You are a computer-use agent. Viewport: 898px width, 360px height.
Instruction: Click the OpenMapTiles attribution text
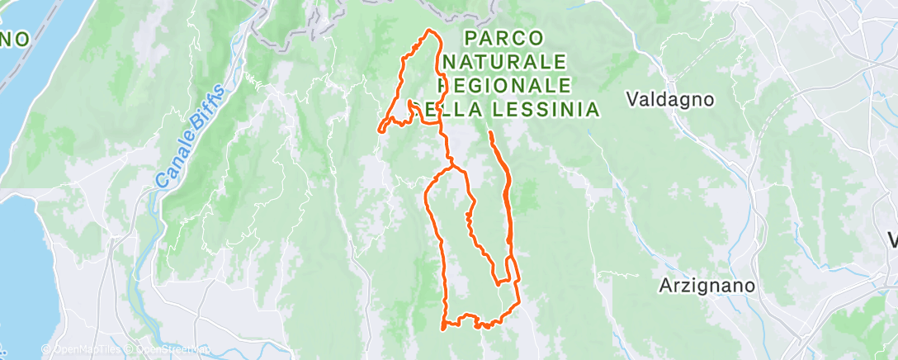coord(83,350)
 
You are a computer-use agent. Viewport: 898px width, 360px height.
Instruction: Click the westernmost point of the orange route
coord(380,129)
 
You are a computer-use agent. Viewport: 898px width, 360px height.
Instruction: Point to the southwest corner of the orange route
coord(445,328)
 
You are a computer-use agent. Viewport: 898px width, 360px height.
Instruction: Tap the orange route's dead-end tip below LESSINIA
coord(490,132)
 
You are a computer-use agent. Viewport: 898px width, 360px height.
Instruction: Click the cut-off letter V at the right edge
coord(892,240)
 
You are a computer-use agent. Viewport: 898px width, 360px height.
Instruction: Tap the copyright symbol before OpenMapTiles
coord(46,350)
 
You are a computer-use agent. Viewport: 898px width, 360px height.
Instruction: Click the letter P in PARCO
coord(470,38)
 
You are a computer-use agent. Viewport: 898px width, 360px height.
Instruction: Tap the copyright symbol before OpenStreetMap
coord(130,350)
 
